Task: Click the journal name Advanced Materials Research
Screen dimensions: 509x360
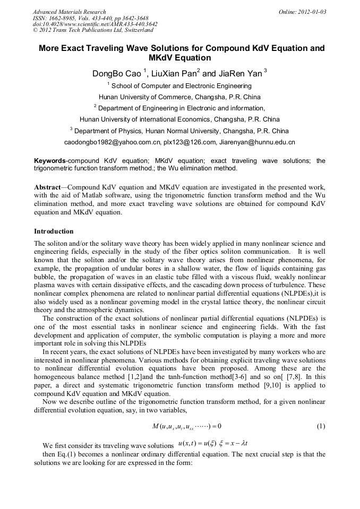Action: tap(70, 12)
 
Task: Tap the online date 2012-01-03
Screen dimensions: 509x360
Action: tap(310, 12)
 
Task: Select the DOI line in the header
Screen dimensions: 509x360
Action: tap(95, 24)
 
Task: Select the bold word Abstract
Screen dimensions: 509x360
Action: tap(47, 187)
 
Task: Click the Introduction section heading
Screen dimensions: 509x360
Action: tap(54, 231)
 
